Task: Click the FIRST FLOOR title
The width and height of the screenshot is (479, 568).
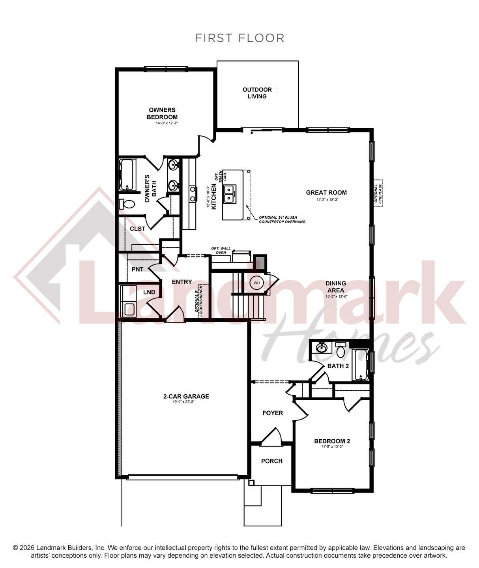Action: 240,38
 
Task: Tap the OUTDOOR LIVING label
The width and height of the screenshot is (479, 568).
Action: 257,93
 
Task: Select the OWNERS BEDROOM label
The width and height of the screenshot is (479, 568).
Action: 162,113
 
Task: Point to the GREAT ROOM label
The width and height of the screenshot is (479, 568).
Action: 326,193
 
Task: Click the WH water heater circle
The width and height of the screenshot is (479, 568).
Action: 257,283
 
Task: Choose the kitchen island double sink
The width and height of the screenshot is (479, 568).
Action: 229,193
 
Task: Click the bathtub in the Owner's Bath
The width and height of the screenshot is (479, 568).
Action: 127,175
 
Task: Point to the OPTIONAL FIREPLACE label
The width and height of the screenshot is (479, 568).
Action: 378,193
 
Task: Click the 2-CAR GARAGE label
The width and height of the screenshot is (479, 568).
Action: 186,396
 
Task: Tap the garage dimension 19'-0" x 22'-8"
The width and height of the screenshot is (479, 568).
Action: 184,402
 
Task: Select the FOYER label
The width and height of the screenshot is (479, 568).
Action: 273,413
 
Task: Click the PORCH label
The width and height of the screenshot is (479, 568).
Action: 272,461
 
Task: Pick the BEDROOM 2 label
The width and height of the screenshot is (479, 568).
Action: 332,441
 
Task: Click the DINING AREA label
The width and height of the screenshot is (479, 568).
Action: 336,287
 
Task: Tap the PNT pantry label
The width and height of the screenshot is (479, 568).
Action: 137,269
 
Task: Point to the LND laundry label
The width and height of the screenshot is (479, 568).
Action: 149,292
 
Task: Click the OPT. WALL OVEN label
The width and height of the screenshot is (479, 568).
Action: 221,250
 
